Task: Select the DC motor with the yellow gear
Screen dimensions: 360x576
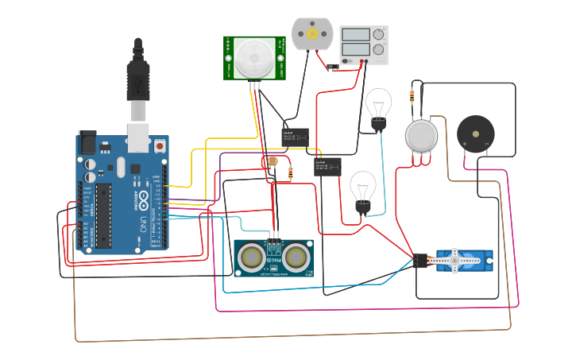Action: point(310,35)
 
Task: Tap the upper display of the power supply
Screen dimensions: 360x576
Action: point(355,35)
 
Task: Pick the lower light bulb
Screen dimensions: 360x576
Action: point(363,189)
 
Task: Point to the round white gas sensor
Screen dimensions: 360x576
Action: point(421,136)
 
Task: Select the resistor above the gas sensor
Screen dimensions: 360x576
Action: point(412,96)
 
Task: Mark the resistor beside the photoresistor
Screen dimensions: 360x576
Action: point(290,172)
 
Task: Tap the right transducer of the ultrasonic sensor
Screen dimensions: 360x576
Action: point(296,257)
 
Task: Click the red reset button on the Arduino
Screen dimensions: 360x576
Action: point(160,147)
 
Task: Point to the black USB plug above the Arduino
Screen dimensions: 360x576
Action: point(138,75)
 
